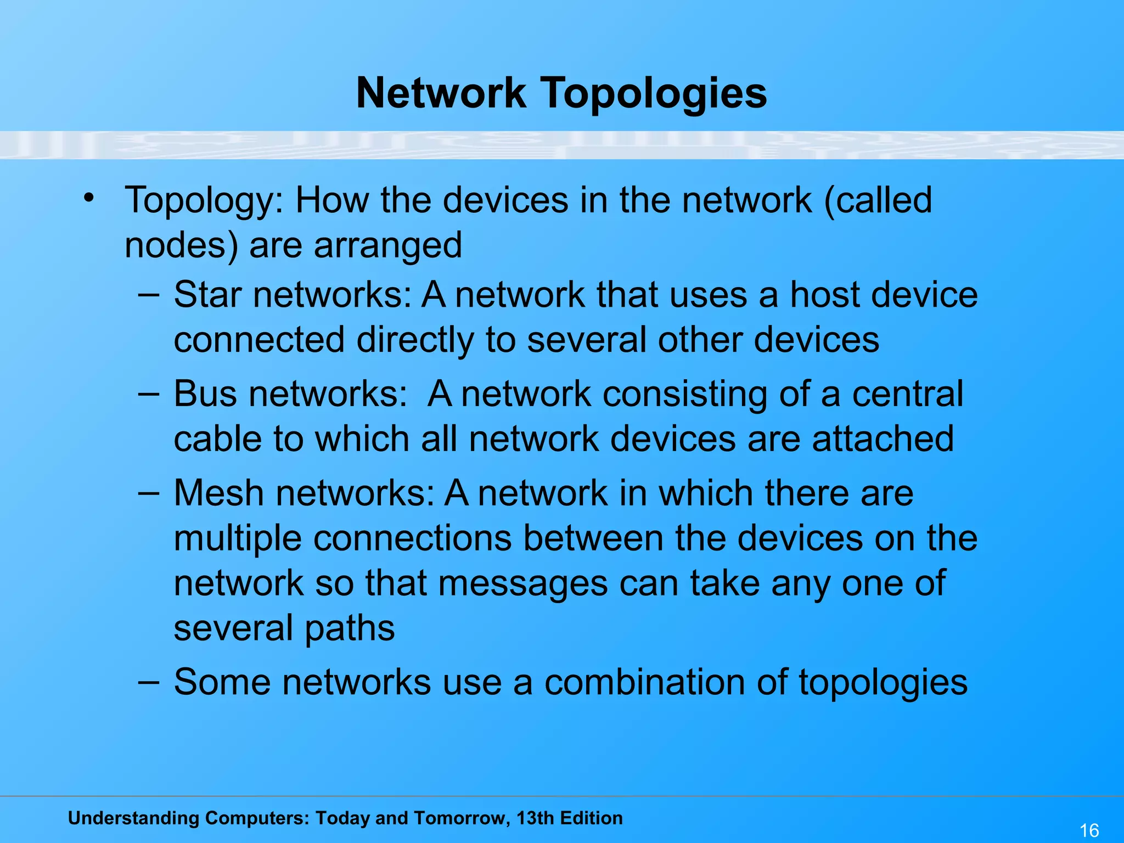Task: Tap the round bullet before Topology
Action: coord(89,198)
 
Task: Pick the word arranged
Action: coord(388,246)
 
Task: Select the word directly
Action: coord(415,340)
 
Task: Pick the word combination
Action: coord(645,682)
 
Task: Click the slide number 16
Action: coord(1089,830)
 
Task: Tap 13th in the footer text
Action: coord(535,818)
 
